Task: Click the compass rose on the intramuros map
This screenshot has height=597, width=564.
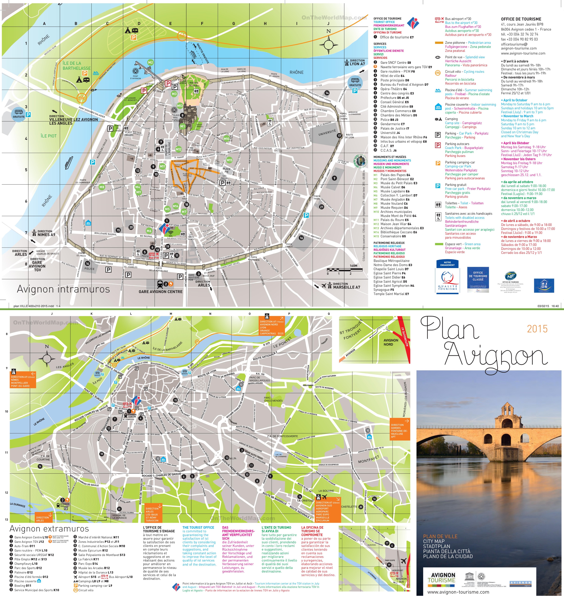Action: coord(328,45)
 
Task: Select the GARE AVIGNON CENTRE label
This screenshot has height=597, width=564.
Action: coord(161,291)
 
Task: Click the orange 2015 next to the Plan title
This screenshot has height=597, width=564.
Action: coord(537,329)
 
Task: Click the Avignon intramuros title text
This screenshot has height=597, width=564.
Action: coord(63,289)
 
